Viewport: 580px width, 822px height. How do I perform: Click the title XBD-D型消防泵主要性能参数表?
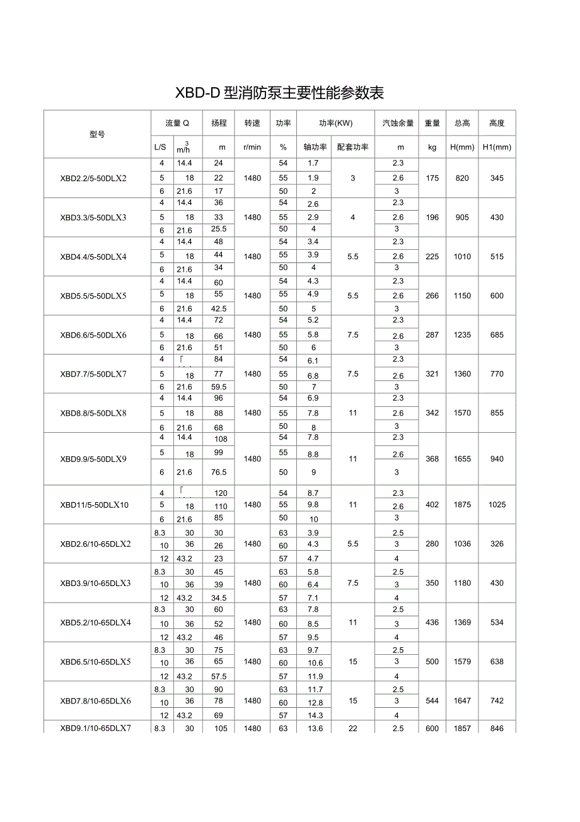(279, 93)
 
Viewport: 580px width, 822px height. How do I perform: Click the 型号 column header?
(97, 134)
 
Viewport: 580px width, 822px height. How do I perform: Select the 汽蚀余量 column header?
(398, 123)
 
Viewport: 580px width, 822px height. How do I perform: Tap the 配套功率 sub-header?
(352, 147)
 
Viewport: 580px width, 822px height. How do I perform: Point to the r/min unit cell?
(252, 147)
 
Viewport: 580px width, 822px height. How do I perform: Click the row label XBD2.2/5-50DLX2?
(93, 178)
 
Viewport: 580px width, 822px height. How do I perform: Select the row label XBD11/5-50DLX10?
(93, 505)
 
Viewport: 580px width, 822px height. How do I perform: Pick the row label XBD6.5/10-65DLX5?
(95, 662)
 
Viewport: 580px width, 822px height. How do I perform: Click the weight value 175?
(432, 178)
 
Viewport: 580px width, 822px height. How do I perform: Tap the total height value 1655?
(462, 459)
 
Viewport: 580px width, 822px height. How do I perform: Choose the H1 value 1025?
(497, 505)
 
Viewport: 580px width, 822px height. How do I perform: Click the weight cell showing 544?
(432, 701)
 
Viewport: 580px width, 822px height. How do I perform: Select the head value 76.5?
(219, 472)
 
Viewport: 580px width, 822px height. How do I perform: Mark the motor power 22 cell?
(352, 729)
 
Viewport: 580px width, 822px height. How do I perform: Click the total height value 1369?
(462, 623)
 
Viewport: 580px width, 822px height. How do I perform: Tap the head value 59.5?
(219, 387)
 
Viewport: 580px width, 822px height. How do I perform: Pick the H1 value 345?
(497, 178)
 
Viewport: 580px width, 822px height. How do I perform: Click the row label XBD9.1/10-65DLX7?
(95, 728)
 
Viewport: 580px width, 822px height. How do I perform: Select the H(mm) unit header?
(462, 147)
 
